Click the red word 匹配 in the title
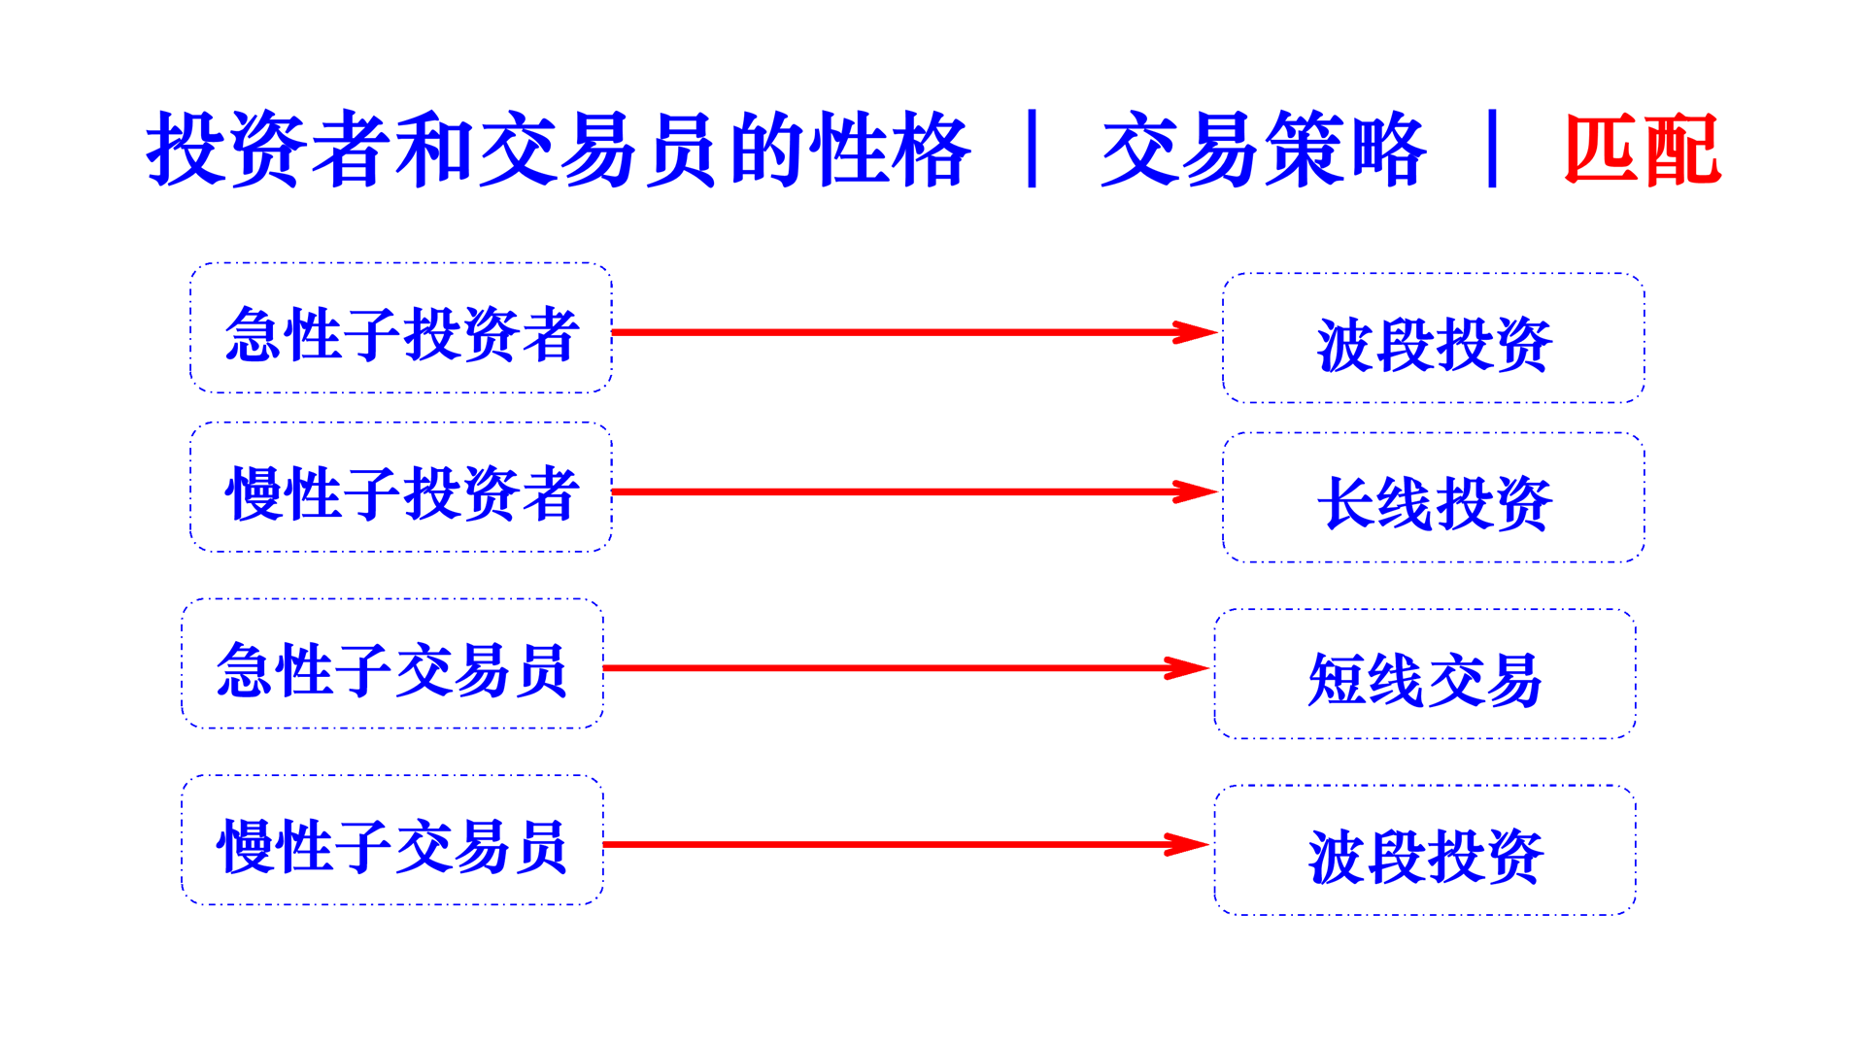(1642, 150)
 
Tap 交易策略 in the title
(1263, 150)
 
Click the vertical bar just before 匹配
(1492, 149)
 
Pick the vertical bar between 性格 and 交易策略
(1032, 149)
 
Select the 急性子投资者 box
(401, 328)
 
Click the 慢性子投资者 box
(401, 488)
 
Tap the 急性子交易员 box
(392, 664)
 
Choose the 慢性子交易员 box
(392, 841)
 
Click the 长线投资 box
(1434, 498)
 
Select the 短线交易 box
(1425, 675)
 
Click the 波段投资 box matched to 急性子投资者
(1434, 339)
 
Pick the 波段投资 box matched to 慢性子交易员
(1425, 851)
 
